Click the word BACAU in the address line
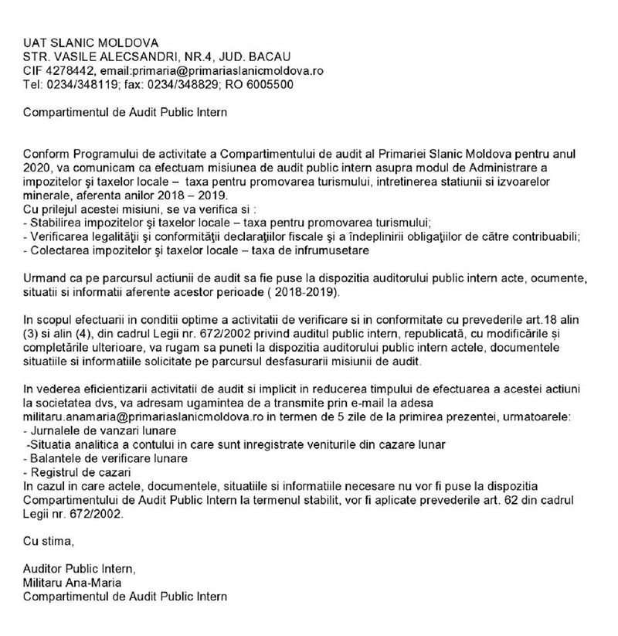tap(266, 56)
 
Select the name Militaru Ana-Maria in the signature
tap(72, 583)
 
